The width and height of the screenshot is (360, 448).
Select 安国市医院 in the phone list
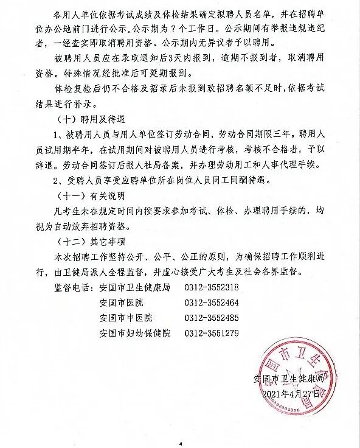pos(120,303)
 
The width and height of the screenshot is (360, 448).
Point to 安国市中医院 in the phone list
pos(125,318)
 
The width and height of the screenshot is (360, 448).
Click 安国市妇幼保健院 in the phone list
pos(134,333)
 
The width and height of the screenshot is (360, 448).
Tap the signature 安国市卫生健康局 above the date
pos(292,379)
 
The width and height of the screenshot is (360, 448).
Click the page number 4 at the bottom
pos(180,443)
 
